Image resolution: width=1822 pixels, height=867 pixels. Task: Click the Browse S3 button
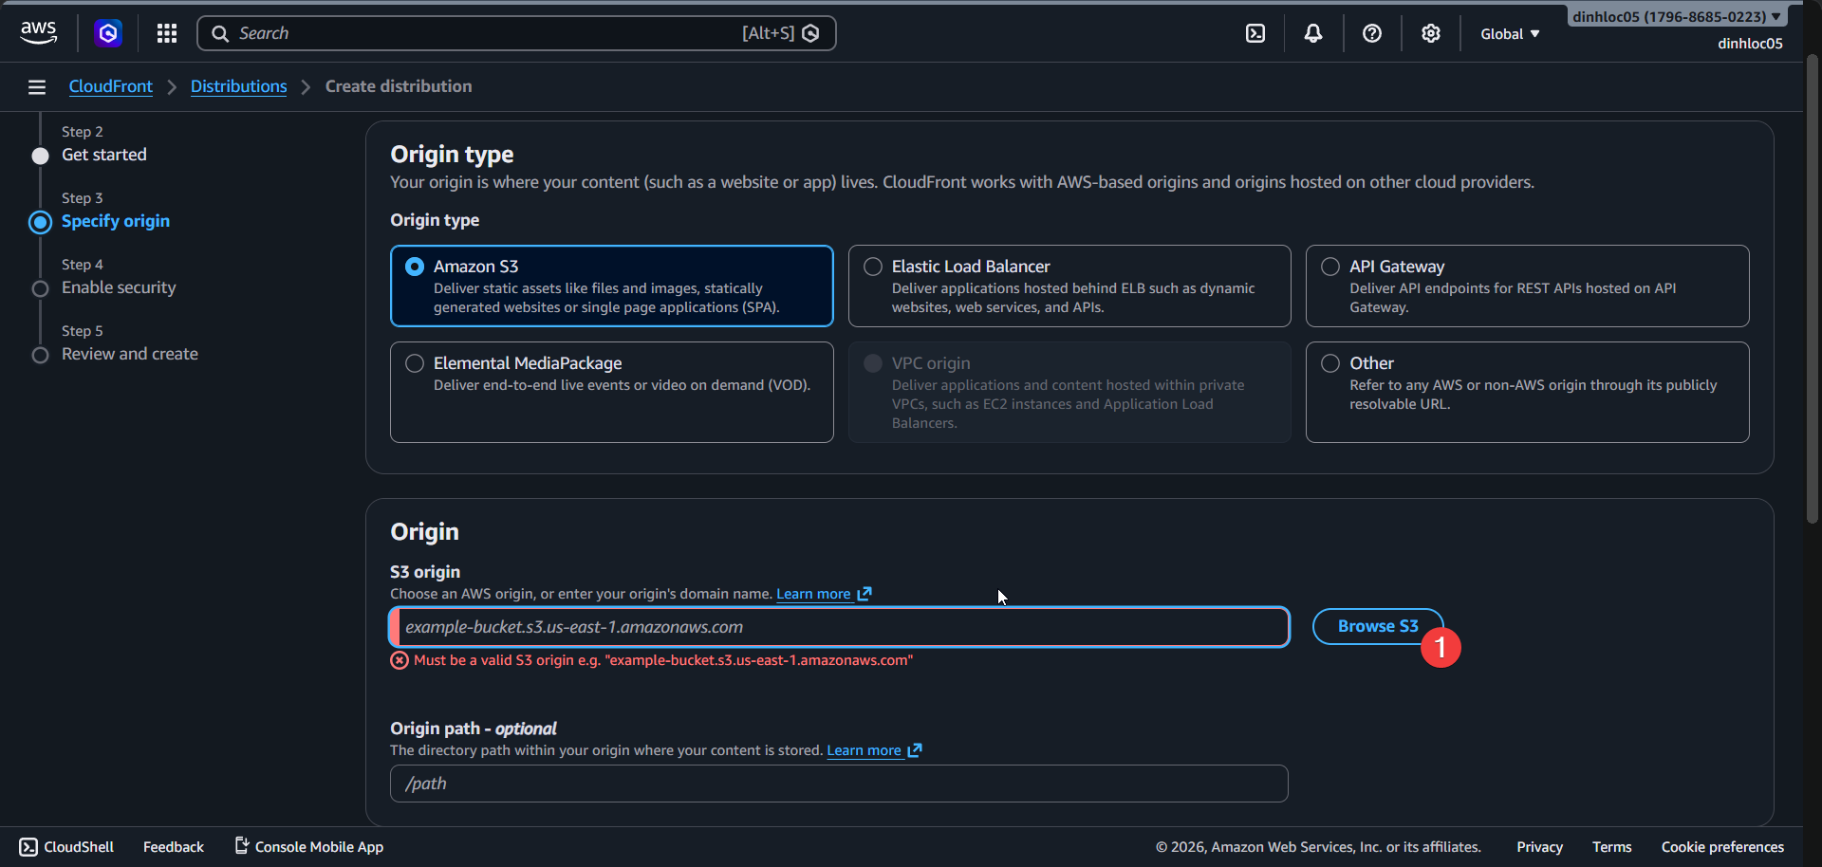[1377, 626]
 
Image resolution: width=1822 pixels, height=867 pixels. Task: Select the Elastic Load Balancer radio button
[873, 267]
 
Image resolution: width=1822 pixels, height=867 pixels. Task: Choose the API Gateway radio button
[1330, 267]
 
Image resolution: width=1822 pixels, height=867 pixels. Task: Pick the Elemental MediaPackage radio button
[415, 363]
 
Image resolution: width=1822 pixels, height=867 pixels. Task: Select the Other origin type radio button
[1330, 363]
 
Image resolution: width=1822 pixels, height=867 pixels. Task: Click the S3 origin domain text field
[839, 627]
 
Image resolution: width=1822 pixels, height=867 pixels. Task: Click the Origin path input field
[839, 784]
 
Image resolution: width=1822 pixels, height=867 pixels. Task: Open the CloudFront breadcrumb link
[110, 86]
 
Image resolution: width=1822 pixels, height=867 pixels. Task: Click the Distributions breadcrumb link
[238, 86]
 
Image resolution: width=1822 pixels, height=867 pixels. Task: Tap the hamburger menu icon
[37, 87]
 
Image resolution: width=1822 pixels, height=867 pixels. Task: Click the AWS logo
[38, 33]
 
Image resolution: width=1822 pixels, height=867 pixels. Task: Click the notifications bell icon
[1313, 33]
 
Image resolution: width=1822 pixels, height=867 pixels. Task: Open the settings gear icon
[1430, 33]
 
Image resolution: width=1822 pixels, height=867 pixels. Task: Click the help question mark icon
[1372, 33]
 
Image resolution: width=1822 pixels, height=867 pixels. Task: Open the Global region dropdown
[1510, 34]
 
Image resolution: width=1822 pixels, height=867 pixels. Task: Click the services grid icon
[167, 33]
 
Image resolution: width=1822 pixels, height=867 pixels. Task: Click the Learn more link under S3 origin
[814, 594]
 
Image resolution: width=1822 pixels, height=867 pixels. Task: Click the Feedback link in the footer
[174, 847]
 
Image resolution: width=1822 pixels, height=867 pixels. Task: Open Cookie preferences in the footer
[1722, 847]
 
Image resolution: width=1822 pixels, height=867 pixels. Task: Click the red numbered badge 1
[1441, 648]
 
